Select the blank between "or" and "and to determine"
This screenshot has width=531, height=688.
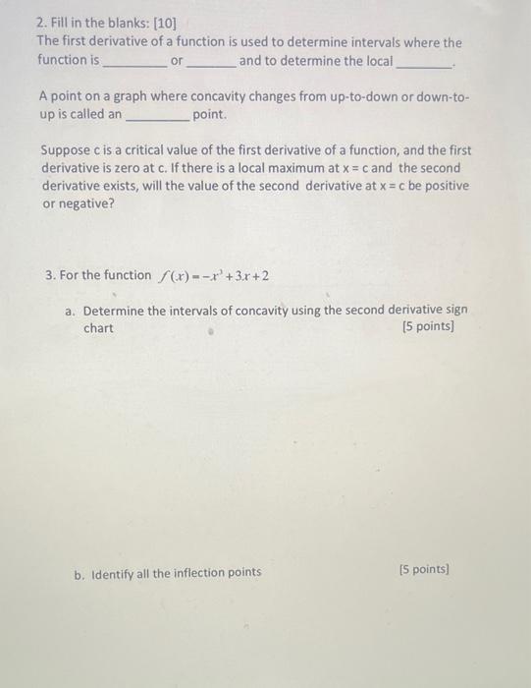pos(211,64)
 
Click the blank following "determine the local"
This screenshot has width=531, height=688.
pos(425,64)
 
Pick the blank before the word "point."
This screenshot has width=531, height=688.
pos(157,118)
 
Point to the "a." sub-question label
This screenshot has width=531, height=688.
pos(71,310)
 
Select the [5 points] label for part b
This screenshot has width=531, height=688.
pos(425,569)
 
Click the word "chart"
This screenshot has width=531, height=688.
pos(98,328)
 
